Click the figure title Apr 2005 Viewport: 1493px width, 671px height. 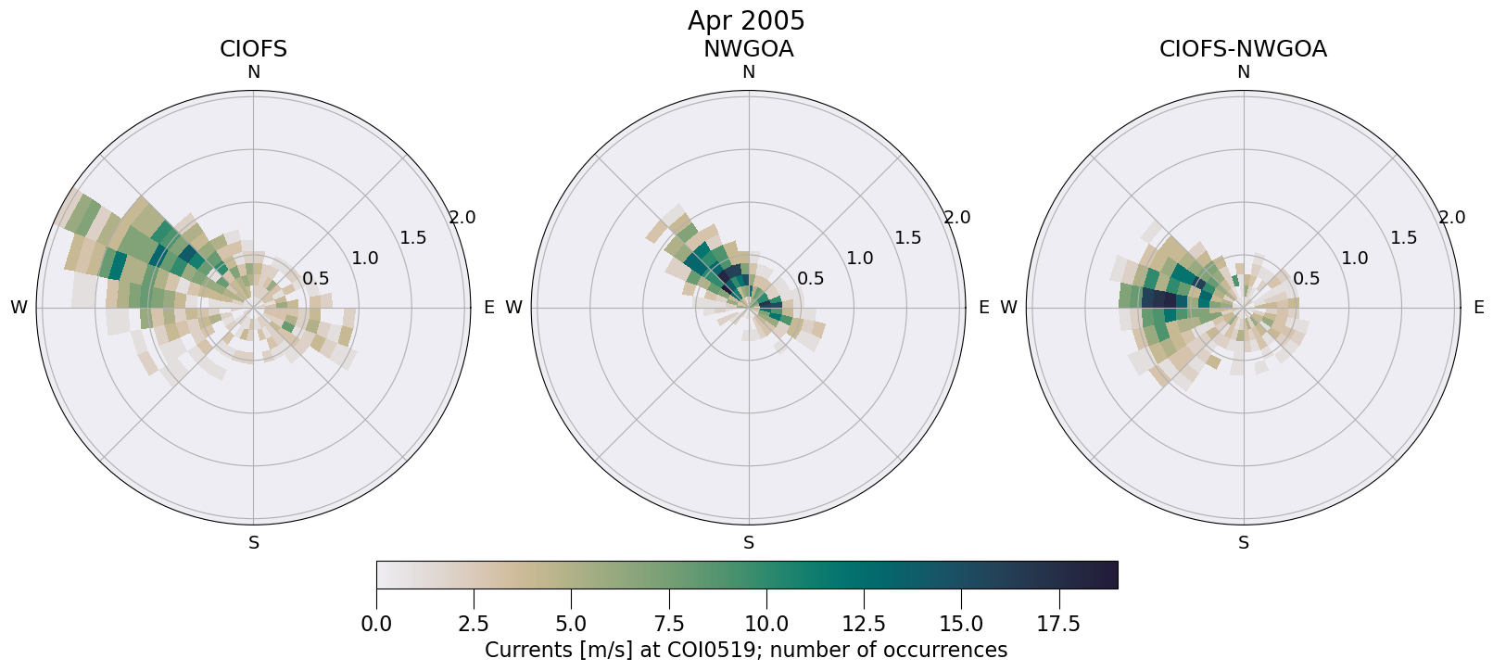pyautogui.click(x=746, y=20)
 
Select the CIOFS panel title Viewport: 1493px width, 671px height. pyautogui.click(x=253, y=49)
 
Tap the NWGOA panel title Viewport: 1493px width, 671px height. pyautogui.click(x=748, y=49)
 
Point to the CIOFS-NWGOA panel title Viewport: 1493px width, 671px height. pyautogui.click(x=1243, y=49)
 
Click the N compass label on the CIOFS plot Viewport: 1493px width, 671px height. pyautogui.click(x=253, y=72)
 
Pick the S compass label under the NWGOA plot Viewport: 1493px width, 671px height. pyautogui.click(x=749, y=543)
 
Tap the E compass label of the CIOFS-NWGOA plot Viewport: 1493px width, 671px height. pyautogui.click(x=1479, y=308)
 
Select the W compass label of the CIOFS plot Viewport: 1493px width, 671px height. pyautogui.click(x=19, y=308)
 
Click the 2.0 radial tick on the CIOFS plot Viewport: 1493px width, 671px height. pyautogui.click(x=462, y=218)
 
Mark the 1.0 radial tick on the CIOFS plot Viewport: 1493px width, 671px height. pyautogui.click(x=365, y=259)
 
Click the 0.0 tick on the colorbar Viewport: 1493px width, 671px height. pyautogui.click(x=376, y=625)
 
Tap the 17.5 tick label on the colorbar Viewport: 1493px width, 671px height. pyautogui.click(x=1058, y=625)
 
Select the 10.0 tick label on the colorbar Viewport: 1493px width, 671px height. pyautogui.click(x=765, y=625)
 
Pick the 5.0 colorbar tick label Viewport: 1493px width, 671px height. pyautogui.click(x=571, y=625)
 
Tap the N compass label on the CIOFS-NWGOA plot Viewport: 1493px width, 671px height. pyautogui.click(x=1244, y=72)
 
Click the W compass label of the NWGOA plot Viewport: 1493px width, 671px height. pyautogui.click(x=513, y=308)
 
